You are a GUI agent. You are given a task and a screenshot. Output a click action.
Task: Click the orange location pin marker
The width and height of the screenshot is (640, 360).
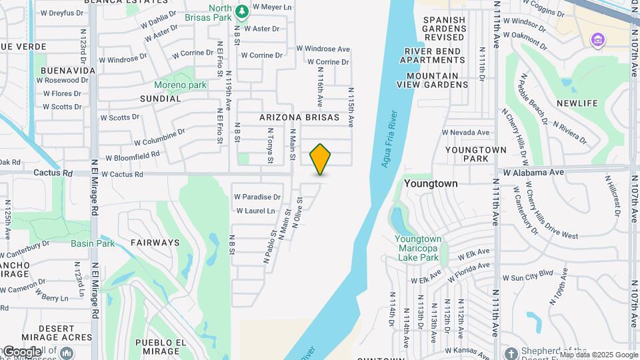(x=321, y=159)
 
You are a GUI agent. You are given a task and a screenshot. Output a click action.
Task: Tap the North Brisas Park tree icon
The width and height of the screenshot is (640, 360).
(x=241, y=11)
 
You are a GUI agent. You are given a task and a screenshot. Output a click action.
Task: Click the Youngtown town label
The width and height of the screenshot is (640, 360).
(x=431, y=183)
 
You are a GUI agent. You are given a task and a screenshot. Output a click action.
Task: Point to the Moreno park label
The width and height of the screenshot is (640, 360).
(x=180, y=85)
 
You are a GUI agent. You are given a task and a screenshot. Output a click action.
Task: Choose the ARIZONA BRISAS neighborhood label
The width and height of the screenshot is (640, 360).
(x=299, y=117)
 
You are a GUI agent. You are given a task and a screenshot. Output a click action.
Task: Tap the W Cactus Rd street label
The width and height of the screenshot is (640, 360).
(x=122, y=175)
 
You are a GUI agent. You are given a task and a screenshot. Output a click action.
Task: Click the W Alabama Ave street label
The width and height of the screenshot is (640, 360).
(x=533, y=172)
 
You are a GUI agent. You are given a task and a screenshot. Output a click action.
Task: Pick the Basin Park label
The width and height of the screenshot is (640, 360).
(x=93, y=243)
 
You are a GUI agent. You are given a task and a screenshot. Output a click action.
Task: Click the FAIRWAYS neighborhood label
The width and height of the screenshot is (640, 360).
(x=155, y=243)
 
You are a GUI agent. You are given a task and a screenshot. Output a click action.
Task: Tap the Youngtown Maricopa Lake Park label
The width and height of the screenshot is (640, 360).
(x=418, y=248)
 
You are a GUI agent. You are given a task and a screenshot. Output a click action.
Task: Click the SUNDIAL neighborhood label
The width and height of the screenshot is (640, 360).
(x=160, y=99)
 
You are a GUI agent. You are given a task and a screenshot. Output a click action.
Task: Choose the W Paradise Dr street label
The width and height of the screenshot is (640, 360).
(x=257, y=197)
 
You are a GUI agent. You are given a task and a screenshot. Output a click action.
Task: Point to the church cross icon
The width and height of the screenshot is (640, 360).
(x=511, y=353)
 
